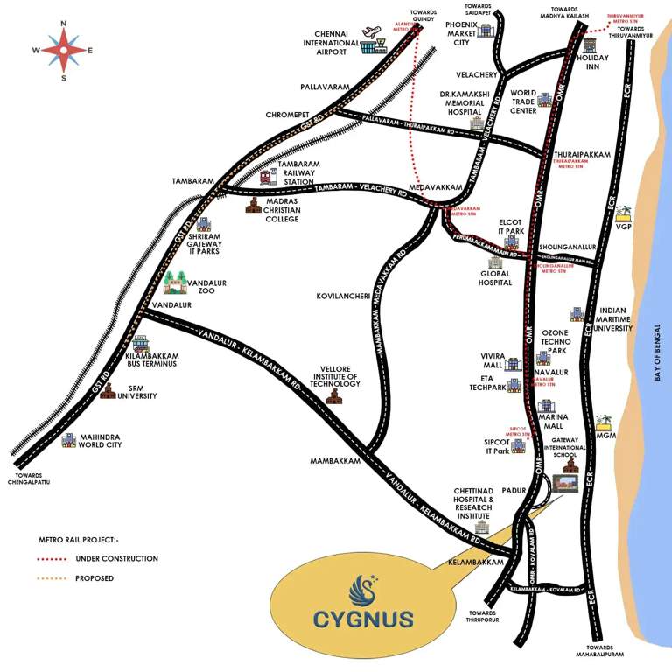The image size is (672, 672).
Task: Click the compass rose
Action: click(x=64, y=50)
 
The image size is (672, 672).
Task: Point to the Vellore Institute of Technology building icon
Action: click(x=333, y=397)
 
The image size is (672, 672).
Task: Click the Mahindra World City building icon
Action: click(x=68, y=440)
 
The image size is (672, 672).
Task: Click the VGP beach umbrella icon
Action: click(x=624, y=213)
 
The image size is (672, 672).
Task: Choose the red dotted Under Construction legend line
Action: click(x=60, y=558)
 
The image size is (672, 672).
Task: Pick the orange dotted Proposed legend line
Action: click(x=60, y=577)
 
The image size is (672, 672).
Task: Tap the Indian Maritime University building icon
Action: click(x=577, y=314)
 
